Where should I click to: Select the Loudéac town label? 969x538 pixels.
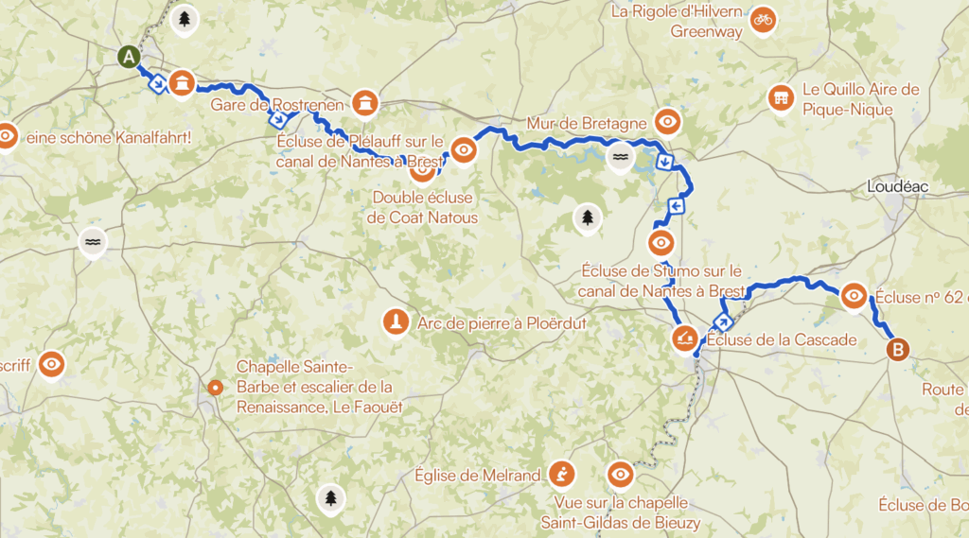[897, 187]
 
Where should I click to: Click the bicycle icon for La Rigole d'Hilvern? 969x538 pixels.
[763, 19]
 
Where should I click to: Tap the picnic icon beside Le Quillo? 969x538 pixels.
[781, 97]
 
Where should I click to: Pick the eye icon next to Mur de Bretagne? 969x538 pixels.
[668, 121]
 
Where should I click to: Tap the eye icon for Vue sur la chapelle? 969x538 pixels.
[621, 474]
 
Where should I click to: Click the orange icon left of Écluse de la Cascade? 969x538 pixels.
[684, 338]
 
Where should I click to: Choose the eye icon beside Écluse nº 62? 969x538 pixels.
[854, 296]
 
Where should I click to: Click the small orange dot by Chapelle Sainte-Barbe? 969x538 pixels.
[216, 386]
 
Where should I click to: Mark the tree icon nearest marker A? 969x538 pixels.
[182, 20]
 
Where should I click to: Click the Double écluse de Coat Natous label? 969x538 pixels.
[424, 208]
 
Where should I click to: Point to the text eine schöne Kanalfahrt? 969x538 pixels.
[109, 138]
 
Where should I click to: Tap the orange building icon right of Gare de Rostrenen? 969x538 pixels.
[363, 102]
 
